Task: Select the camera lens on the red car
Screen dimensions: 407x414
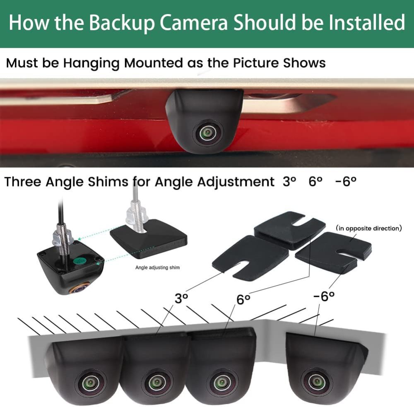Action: pyautogui.click(x=205, y=133)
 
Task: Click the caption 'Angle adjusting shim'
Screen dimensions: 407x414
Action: pyautogui.click(x=158, y=267)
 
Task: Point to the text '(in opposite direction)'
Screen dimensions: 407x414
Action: pyautogui.click(x=368, y=228)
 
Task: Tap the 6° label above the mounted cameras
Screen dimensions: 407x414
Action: pyautogui.click(x=244, y=299)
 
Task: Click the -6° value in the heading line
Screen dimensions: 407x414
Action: pyautogui.click(x=346, y=181)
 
